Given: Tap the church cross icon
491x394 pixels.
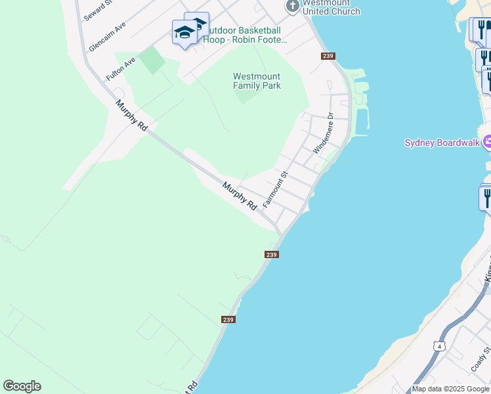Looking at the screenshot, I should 292,6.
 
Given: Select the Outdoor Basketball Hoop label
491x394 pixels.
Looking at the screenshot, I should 245,35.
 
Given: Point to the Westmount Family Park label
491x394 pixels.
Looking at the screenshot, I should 257,81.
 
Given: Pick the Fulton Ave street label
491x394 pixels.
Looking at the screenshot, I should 121,68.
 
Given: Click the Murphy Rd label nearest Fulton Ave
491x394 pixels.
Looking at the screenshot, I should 131,116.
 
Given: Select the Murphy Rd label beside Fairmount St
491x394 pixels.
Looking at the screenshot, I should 239,196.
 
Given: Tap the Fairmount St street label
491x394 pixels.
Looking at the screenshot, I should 276,190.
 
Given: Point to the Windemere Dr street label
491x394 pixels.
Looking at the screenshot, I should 324,133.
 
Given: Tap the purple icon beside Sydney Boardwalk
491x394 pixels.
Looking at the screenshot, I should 487,141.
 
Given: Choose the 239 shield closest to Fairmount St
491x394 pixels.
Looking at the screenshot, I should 272,254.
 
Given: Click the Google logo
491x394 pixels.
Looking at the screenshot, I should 22,386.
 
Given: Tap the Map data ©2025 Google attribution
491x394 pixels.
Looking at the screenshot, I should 451,389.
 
